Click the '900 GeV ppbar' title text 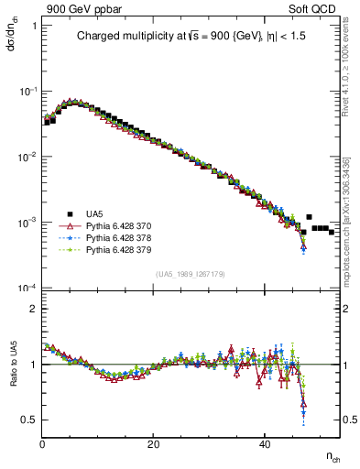82,9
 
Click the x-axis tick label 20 154,444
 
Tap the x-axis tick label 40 265,444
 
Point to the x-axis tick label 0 43,444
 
